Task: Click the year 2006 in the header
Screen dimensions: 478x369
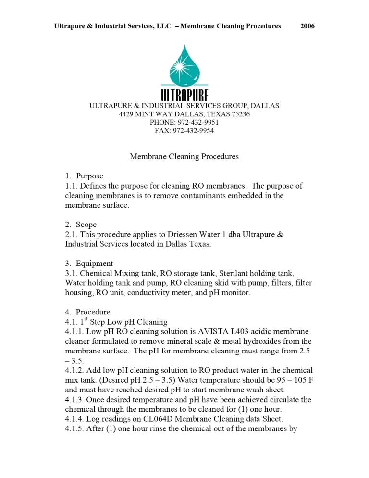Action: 307,26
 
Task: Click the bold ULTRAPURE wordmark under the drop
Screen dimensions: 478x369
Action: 184,95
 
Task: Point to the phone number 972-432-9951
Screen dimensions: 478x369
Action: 195,123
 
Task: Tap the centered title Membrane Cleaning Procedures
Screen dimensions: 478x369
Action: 184,156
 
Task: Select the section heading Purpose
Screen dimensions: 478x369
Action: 89,176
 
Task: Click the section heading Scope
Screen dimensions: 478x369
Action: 86,225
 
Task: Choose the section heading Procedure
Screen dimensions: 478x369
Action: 93,312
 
